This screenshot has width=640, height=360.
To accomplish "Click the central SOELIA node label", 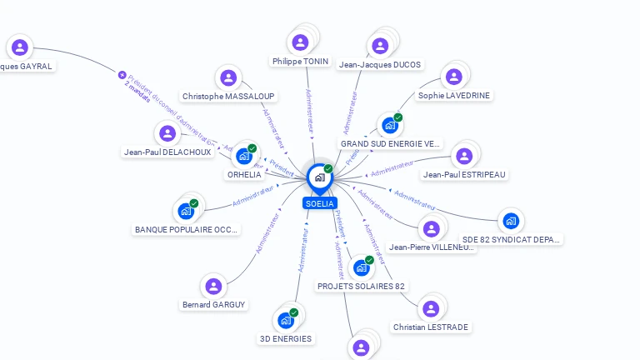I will (320, 203).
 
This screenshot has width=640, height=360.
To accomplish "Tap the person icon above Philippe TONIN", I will (300, 42).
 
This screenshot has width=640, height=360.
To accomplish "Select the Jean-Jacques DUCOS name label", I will (380, 64).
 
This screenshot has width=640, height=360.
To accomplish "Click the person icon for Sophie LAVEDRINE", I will (453, 77).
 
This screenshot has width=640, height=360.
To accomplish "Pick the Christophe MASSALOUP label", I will (228, 96).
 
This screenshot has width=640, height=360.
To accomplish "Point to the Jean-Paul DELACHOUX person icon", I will (167, 133).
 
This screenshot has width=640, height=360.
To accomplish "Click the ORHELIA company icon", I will (244, 156).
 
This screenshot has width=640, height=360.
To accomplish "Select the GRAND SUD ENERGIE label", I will (390, 143).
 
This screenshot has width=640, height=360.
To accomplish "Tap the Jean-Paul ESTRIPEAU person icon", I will (464, 156).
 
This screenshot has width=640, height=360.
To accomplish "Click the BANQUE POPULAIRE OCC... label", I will (187, 229).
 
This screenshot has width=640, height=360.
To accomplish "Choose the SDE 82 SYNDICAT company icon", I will (511, 221).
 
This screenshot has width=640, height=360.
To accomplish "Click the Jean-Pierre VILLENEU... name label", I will (431, 247).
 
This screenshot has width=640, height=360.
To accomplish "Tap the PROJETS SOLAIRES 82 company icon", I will (362, 268).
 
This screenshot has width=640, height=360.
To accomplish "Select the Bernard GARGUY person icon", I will (214, 287).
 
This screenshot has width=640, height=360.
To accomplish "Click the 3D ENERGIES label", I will (286, 338).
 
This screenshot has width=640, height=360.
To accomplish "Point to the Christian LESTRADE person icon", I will (430, 309).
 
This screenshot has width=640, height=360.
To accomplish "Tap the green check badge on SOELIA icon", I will (328, 169).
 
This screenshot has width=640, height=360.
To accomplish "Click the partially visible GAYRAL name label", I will (26, 66).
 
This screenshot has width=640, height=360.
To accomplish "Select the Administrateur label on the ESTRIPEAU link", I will (392, 169).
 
